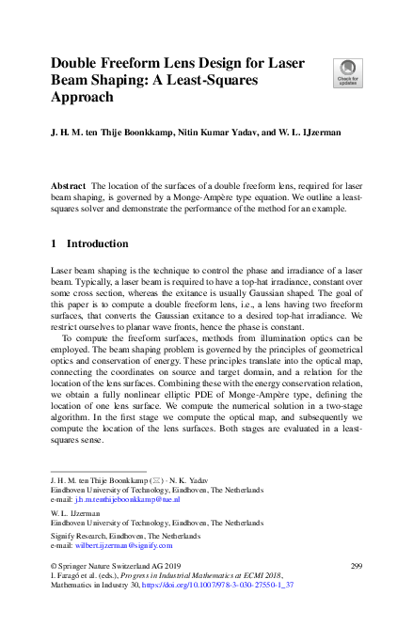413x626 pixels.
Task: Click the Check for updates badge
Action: (346, 72)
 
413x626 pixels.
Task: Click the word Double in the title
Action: (79, 63)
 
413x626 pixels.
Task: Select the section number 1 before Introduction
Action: (54, 243)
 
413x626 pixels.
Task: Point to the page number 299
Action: (356, 565)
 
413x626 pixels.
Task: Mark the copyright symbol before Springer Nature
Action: (53, 565)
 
